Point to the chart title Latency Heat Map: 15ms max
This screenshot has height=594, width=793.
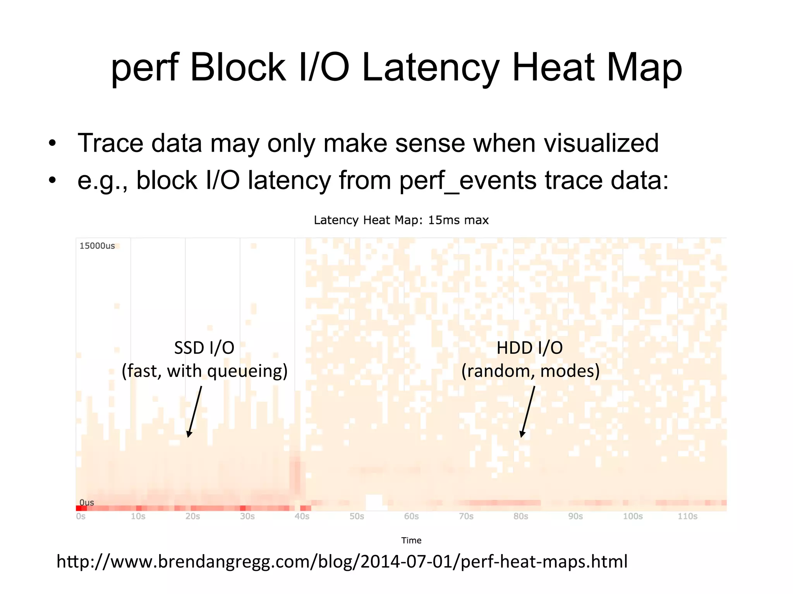click(x=401, y=220)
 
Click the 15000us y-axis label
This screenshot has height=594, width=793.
click(x=97, y=246)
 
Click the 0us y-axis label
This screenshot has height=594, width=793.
click(x=87, y=502)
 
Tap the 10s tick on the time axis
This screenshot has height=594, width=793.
click(x=138, y=516)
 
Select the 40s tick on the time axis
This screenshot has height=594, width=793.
click(x=302, y=516)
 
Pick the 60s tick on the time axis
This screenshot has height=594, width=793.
click(x=411, y=516)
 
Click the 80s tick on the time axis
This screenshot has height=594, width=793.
click(x=521, y=516)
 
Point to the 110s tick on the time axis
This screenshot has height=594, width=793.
click(x=687, y=516)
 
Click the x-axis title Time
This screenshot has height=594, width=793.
click(x=411, y=540)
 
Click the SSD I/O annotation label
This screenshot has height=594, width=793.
click(x=204, y=348)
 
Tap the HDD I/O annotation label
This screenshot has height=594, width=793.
click(x=529, y=348)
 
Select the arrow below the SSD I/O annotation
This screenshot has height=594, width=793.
click(x=195, y=411)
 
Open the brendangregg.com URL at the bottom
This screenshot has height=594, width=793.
click(x=342, y=562)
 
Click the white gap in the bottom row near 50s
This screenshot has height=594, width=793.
click(x=374, y=502)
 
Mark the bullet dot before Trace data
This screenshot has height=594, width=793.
click(x=52, y=144)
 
